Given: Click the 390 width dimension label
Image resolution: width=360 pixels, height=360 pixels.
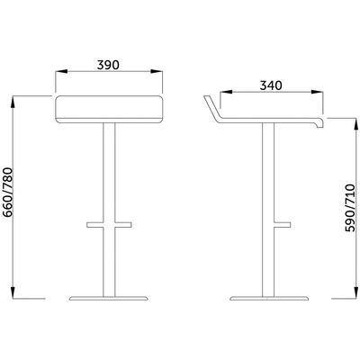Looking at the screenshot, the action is [108, 65].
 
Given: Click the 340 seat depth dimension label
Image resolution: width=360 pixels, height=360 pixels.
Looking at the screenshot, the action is [271, 85].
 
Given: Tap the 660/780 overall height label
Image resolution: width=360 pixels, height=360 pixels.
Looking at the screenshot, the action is [8, 192].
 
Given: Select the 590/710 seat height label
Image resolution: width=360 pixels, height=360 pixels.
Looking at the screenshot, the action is [350, 208].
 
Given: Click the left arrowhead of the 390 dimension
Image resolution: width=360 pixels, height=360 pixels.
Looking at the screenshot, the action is [61, 71].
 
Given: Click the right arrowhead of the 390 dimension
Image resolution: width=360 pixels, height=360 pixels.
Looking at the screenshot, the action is [157, 71].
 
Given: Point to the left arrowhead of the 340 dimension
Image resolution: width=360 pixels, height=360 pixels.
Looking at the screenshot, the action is [226, 92].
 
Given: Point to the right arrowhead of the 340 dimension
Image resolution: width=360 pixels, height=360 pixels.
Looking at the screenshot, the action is [317, 92].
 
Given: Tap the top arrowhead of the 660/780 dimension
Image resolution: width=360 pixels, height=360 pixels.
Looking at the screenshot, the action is [13, 102].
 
